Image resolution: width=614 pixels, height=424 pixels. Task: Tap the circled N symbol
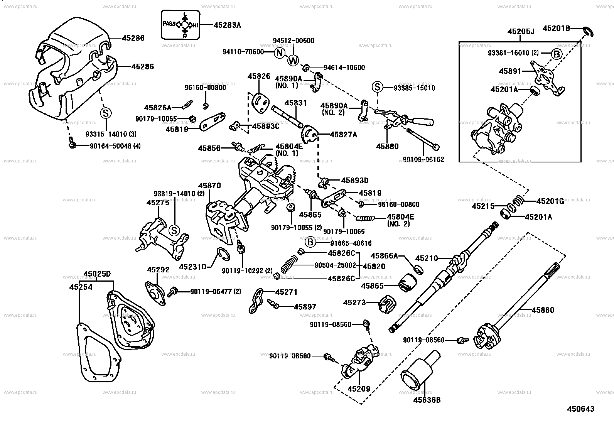[x=280, y=53]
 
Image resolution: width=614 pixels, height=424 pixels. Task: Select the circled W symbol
[x=293, y=60]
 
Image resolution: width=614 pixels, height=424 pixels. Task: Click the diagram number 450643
[x=580, y=409]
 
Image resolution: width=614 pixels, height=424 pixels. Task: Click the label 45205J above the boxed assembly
[x=521, y=31]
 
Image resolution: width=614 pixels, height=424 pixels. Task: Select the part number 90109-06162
[x=423, y=159]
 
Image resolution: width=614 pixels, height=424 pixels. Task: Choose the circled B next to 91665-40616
[x=310, y=243]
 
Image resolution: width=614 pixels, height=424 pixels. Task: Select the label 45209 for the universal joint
[x=359, y=389]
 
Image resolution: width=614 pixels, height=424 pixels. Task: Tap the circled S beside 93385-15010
[x=377, y=88]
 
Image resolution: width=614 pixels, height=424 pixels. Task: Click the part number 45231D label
[x=193, y=266]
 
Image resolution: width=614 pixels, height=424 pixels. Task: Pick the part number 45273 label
[x=354, y=303]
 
